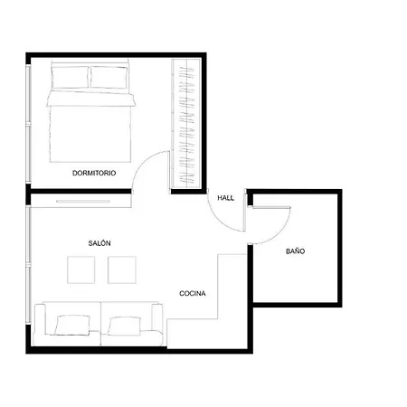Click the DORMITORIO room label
click(x=94, y=173)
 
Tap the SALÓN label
click(x=99, y=243)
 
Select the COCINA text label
click(x=193, y=293)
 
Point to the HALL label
click(x=226, y=198)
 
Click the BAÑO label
click(x=295, y=251)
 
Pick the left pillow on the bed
click(x=71, y=77)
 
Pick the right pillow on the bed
click(x=109, y=78)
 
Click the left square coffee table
click(x=81, y=270)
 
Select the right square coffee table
click(x=122, y=270)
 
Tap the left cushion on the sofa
click(x=72, y=325)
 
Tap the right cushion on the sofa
click(x=125, y=326)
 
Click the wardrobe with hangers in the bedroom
click(x=186, y=124)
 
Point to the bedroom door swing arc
click(x=144, y=163)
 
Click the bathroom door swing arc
click(x=280, y=233)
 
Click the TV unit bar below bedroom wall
click(x=83, y=202)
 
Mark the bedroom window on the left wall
click(x=28, y=124)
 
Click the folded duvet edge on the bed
click(x=90, y=99)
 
